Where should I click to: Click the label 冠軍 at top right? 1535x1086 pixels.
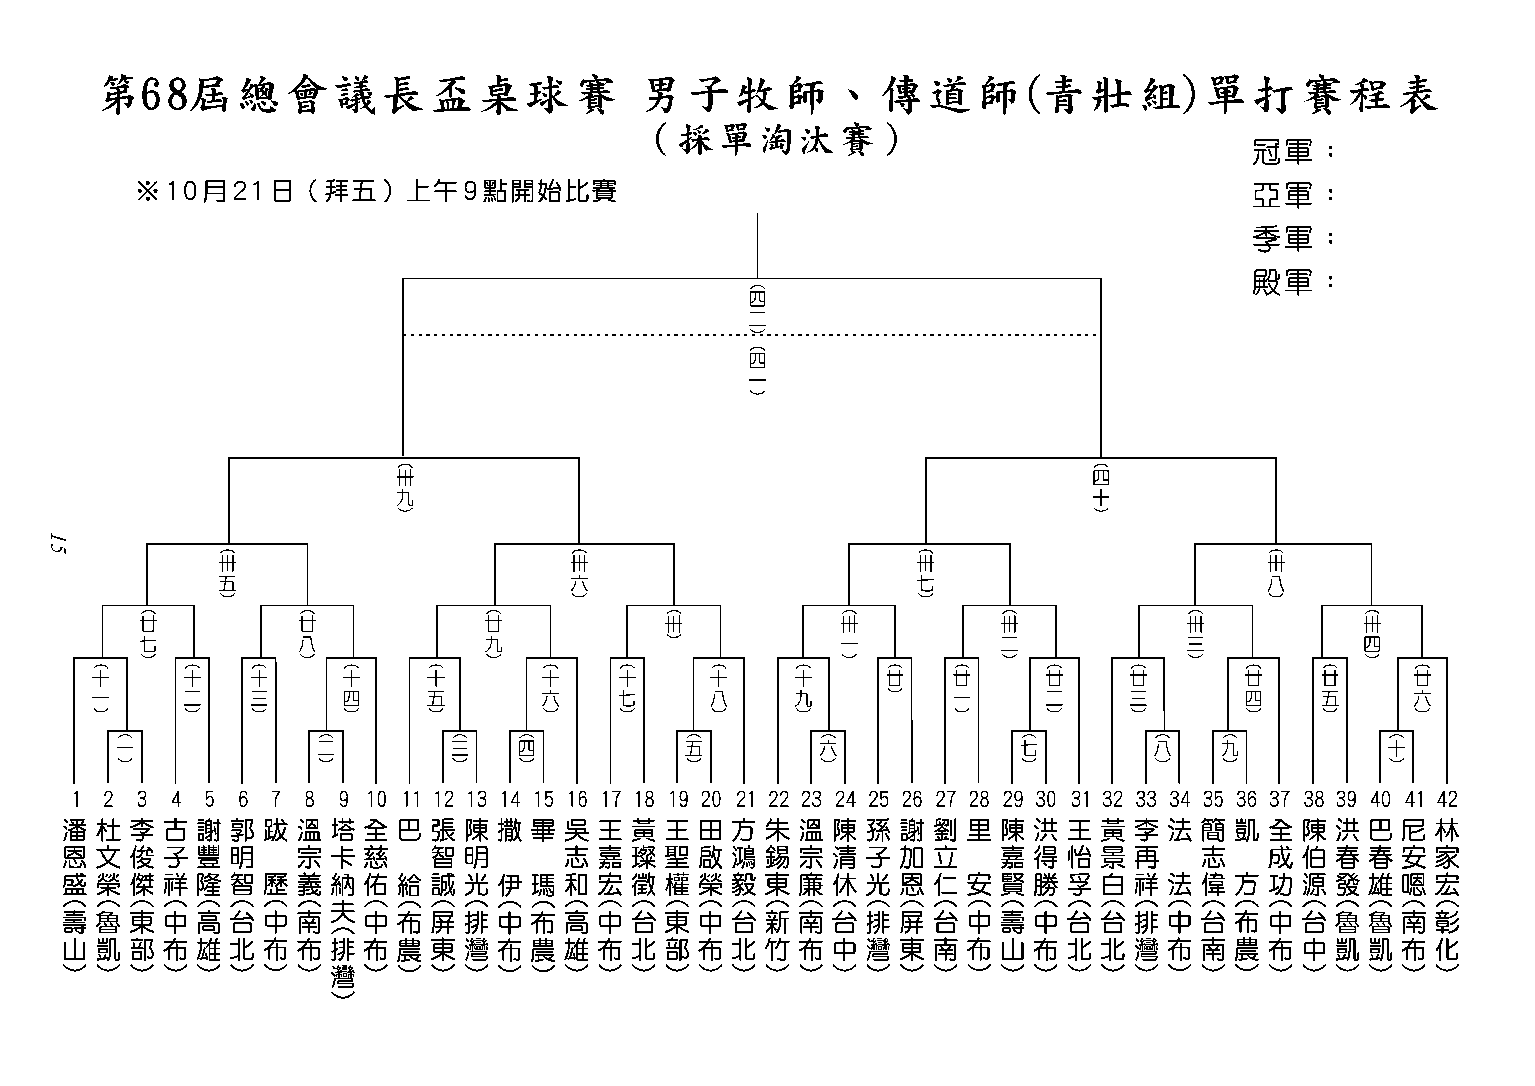[x=1283, y=153]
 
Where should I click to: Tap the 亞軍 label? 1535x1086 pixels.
[x=1283, y=195]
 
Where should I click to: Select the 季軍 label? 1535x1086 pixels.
[x=1283, y=239]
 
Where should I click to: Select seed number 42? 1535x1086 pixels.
[x=1447, y=799]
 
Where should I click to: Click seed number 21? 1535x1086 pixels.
[x=744, y=799]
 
